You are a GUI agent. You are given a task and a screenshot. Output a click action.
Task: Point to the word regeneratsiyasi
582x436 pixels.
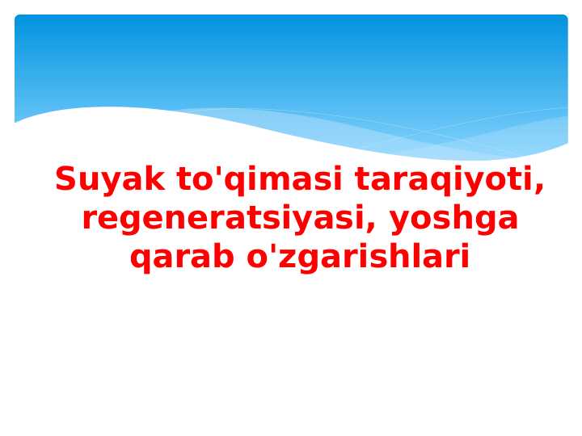[220, 219]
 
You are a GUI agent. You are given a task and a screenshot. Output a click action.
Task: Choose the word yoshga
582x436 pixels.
[453, 219]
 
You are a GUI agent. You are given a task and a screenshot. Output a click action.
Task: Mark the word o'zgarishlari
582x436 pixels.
[357, 258]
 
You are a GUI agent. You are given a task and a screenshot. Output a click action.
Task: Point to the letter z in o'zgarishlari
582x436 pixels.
[278, 259]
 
